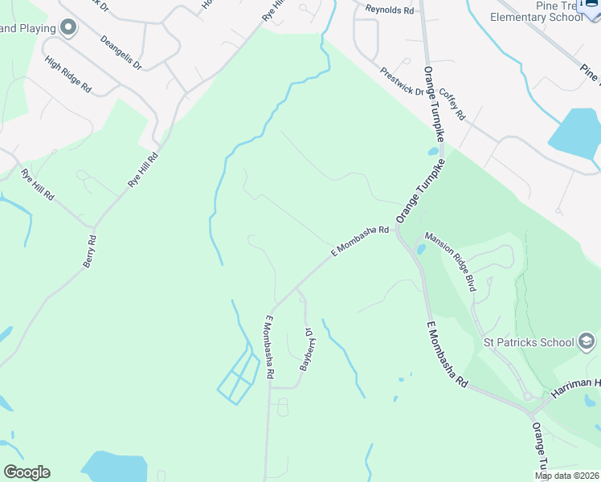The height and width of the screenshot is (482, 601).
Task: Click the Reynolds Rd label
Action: pos(389,10)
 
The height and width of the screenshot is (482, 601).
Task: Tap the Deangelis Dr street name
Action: pos(121,51)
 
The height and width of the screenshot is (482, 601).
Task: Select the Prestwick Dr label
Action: pos(403,81)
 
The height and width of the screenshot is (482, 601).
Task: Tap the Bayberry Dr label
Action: pos(305,349)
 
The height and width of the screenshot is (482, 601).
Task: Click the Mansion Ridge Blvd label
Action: pos(451,261)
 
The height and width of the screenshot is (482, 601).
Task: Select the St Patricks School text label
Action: pos(528,342)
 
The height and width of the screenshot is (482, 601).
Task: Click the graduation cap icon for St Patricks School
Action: pos(587,342)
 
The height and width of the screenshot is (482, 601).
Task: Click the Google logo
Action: pos(27,472)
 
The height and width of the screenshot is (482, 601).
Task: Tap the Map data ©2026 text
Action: pos(567,476)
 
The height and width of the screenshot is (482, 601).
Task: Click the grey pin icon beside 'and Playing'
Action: pos(68,29)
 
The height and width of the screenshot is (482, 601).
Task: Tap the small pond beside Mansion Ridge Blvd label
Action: pos(420,249)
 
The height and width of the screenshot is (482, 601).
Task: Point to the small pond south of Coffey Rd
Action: pos(433,150)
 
